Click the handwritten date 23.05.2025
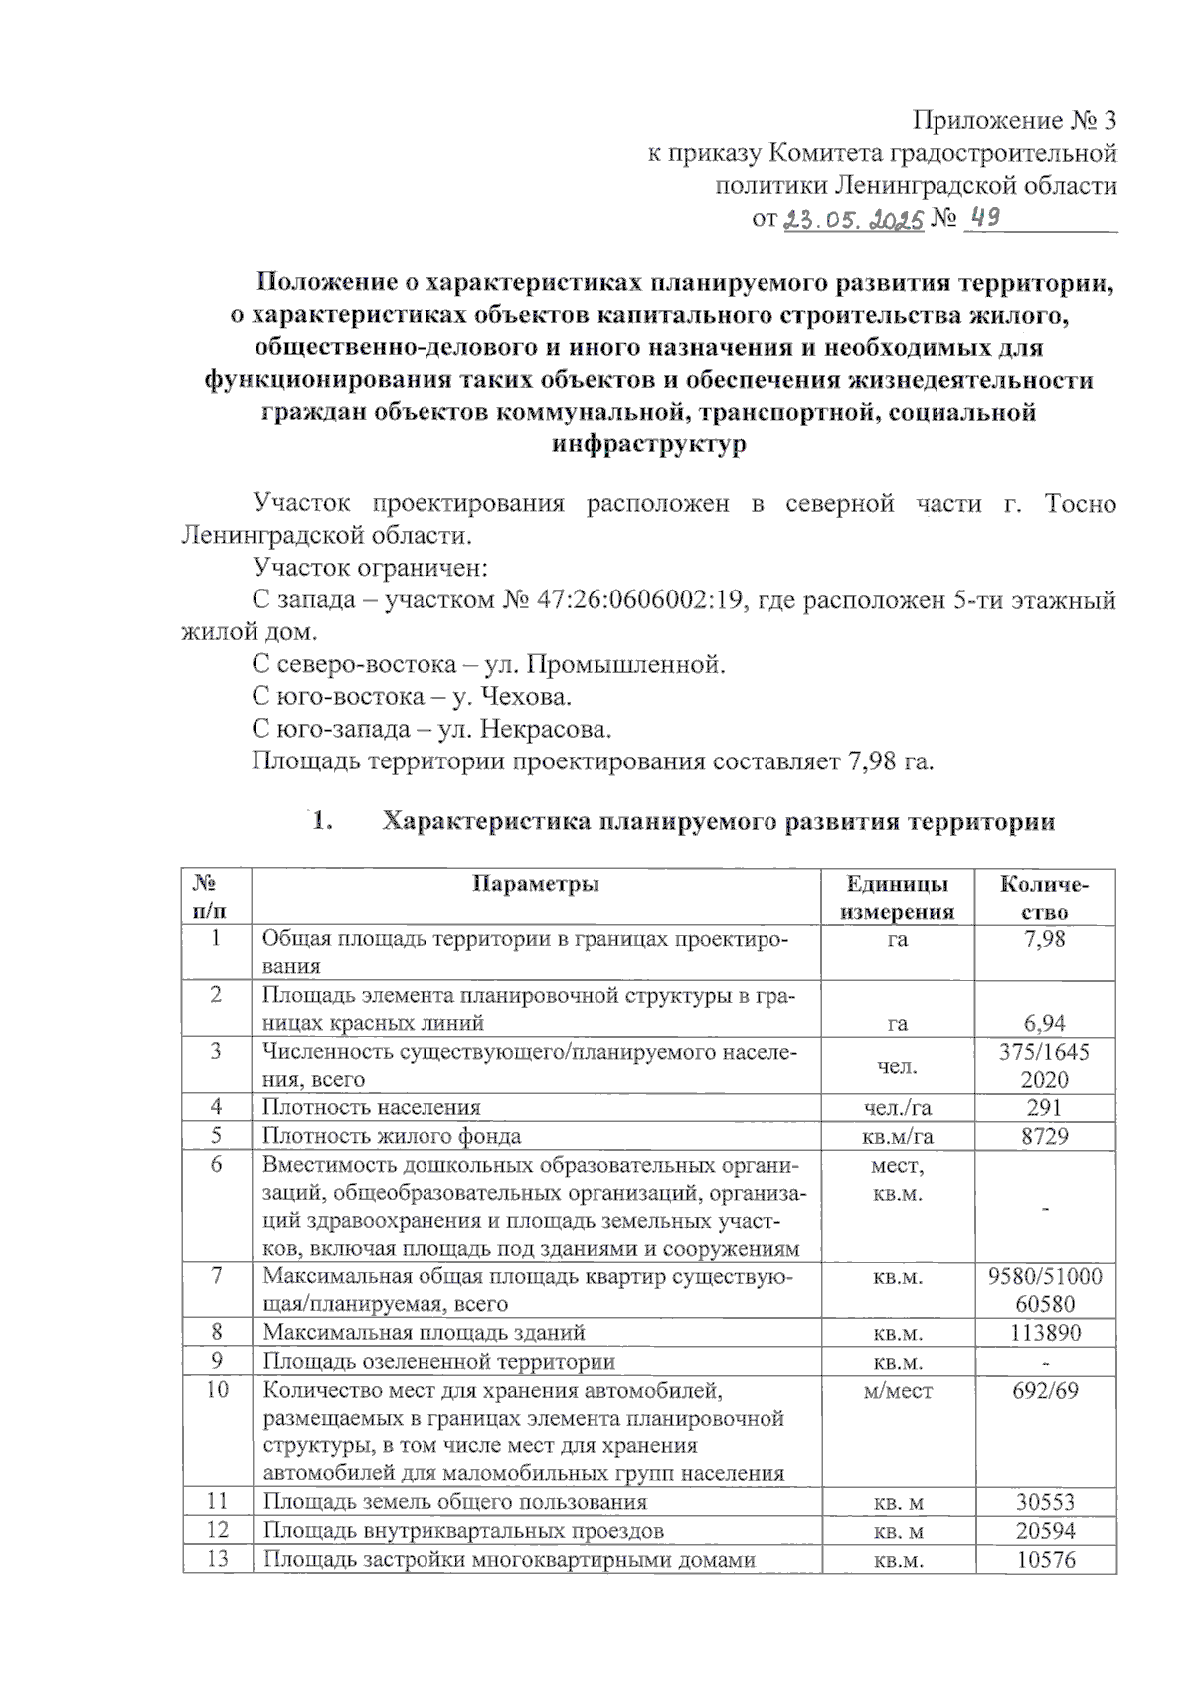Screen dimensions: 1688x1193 (x=854, y=220)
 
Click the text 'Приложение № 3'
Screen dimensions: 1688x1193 (x=1015, y=121)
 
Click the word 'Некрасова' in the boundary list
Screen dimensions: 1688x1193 (x=545, y=729)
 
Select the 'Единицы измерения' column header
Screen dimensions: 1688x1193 (x=898, y=898)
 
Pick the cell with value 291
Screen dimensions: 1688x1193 (x=1045, y=1106)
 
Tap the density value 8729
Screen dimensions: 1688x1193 (x=1045, y=1135)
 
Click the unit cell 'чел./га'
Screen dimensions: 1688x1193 (x=898, y=1106)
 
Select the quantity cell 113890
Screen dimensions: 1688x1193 (x=1045, y=1332)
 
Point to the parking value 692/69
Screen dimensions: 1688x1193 (x=1045, y=1390)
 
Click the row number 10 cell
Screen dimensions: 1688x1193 (x=217, y=1390)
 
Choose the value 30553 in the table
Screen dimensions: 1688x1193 (x=1045, y=1502)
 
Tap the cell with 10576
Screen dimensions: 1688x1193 (x=1045, y=1559)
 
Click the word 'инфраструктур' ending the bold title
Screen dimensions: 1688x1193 (x=648, y=444)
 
